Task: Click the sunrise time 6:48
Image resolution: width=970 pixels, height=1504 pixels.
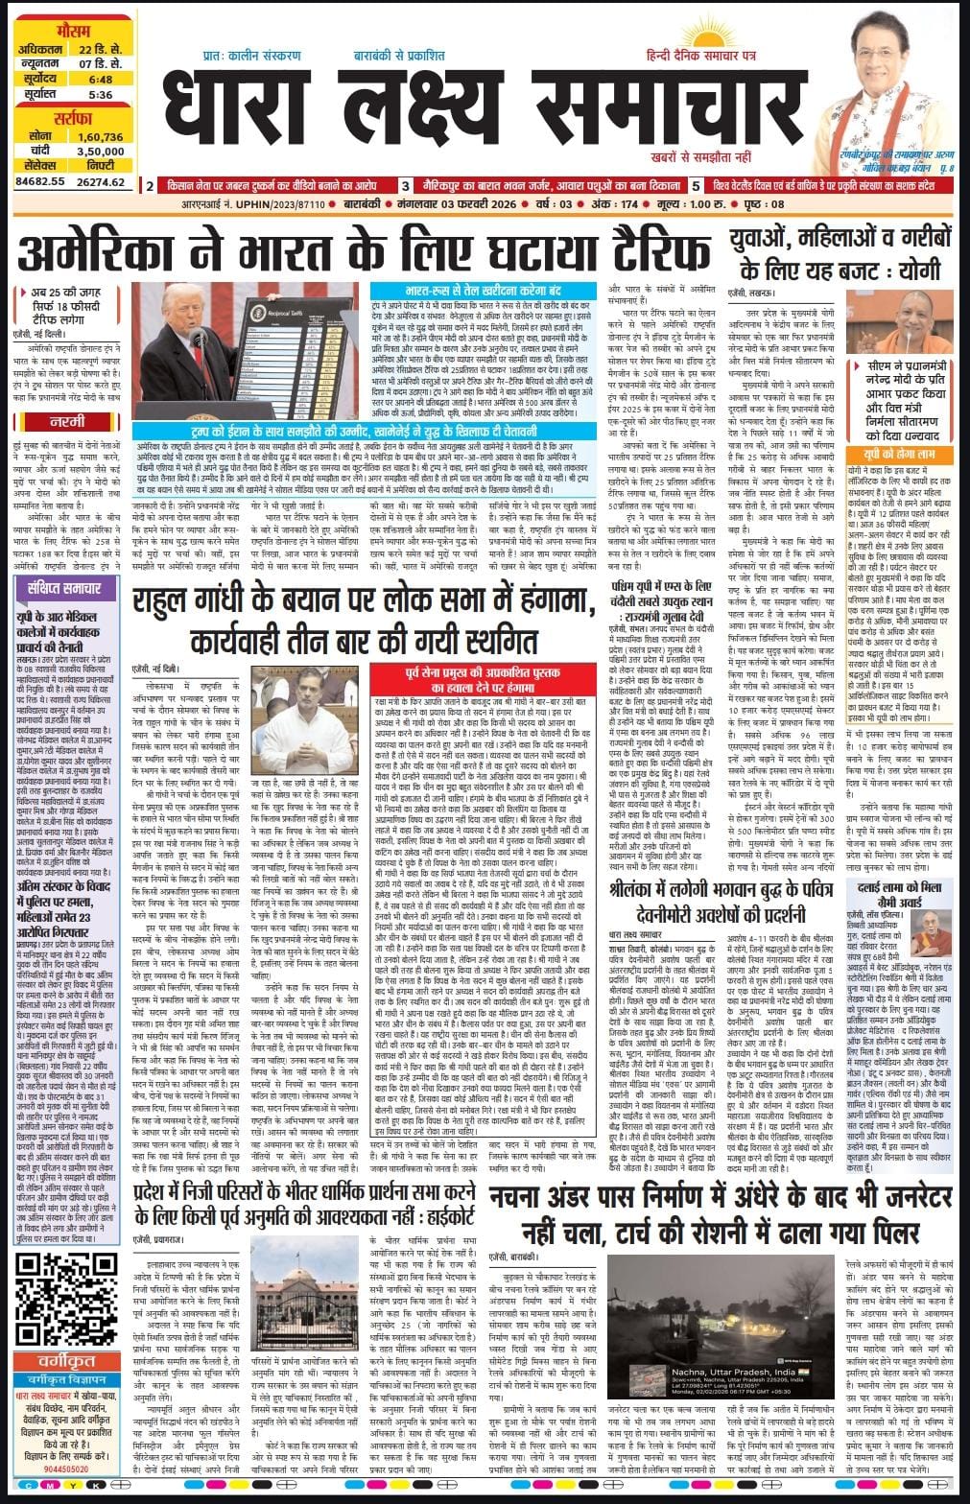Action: pos(100,80)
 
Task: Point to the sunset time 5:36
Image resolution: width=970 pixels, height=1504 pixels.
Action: pos(100,95)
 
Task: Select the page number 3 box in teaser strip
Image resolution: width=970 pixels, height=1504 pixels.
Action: pos(405,186)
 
